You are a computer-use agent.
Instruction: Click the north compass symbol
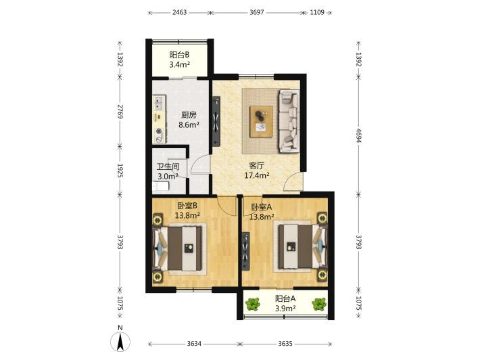[x=120, y=341]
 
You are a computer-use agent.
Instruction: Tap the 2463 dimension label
[x=179, y=13]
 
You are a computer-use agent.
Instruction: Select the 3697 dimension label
[x=257, y=13]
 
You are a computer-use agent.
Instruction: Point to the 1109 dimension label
[x=317, y=13]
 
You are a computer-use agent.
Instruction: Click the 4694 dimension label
[x=359, y=135]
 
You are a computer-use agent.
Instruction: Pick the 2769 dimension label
[x=120, y=112]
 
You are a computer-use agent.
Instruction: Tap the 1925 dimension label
[x=120, y=171]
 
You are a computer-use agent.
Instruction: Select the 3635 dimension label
[x=285, y=344]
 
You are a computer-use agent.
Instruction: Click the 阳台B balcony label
[x=179, y=55]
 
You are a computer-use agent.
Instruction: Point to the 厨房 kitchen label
[x=189, y=115]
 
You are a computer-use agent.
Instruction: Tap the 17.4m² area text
[x=257, y=175]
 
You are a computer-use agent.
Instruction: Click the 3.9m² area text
[x=285, y=308]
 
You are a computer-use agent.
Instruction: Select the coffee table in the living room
[x=261, y=122]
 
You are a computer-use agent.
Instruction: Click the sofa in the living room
[x=289, y=120]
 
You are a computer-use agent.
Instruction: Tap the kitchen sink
[x=159, y=103]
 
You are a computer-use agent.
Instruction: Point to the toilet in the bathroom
[x=161, y=186]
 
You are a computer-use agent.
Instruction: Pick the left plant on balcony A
[x=253, y=304]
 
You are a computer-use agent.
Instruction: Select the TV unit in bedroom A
[x=246, y=252]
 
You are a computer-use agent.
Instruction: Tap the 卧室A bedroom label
[x=262, y=207]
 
